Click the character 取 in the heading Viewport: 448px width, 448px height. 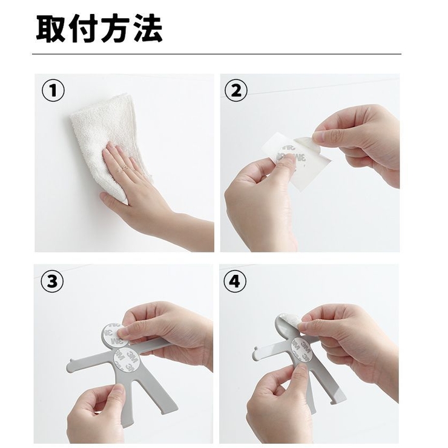click(50, 28)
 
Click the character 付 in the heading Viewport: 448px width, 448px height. click(82, 28)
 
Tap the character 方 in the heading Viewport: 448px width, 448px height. click(115, 28)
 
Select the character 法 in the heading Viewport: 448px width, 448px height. click(148, 28)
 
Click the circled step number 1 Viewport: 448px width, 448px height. click(53, 90)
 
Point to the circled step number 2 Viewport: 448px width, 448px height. click(236, 90)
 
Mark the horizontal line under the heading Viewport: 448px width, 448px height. click(217, 54)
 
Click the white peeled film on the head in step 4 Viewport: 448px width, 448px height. click(290, 321)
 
